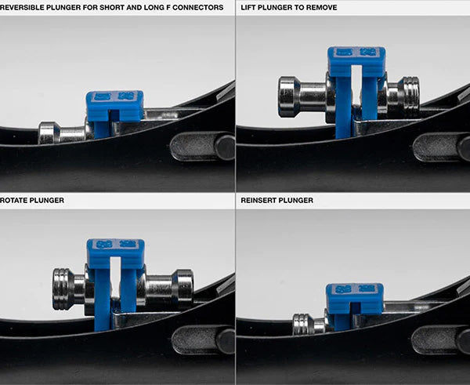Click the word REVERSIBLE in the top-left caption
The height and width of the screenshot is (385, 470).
click(x=22, y=7)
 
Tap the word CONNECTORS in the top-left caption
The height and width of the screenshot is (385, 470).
click(x=198, y=7)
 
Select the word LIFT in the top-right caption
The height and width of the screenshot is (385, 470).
click(x=248, y=7)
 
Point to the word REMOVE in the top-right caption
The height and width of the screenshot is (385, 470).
click(x=322, y=7)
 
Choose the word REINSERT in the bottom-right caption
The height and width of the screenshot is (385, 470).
click(x=259, y=200)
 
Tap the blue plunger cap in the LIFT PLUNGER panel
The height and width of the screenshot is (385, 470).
click(x=356, y=61)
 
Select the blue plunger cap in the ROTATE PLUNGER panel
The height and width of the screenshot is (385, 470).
click(x=116, y=253)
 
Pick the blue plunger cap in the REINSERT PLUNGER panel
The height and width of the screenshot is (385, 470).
click(x=355, y=298)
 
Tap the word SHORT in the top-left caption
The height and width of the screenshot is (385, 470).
click(x=111, y=7)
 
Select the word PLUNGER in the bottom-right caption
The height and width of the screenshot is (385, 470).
click(x=297, y=200)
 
